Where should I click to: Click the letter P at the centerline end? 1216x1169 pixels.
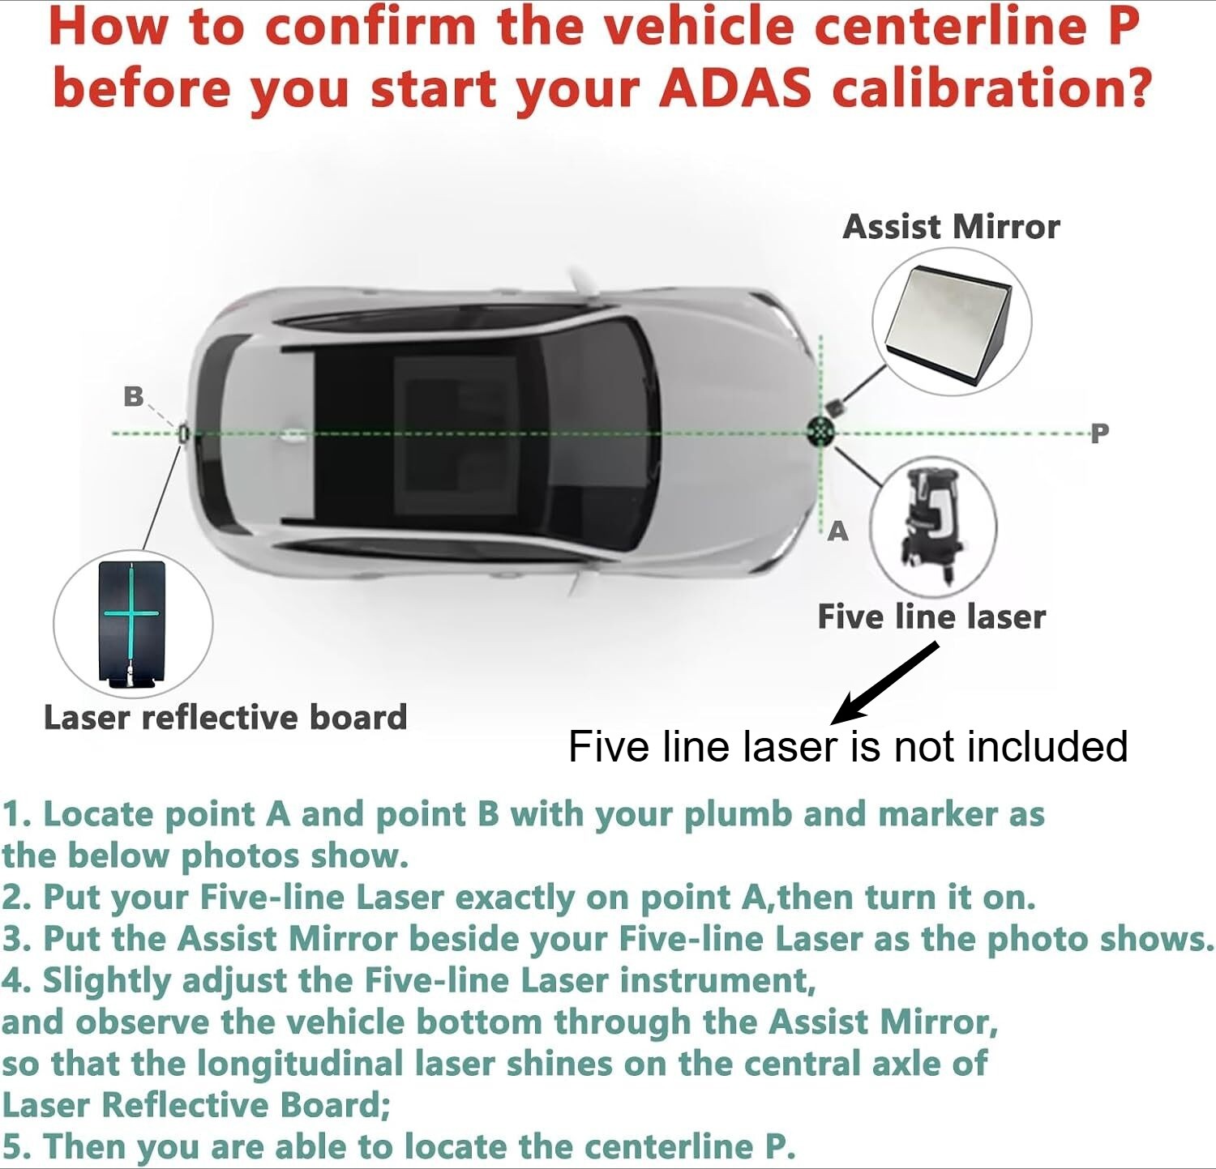(x=1099, y=433)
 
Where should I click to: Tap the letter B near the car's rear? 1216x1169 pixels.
(x=133, y=396)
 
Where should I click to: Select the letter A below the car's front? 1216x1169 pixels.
(x=837, y=531)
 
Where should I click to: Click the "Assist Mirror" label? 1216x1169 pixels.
(x=951, y=227)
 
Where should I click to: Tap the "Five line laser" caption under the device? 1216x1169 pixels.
(x=931, y=617)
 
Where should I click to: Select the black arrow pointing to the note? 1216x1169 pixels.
(x=884, y=683)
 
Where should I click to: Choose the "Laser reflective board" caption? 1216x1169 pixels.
(x=225, y=718)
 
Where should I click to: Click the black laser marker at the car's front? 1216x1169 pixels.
(x=821, y=431)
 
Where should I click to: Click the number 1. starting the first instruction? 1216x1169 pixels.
(x=17, y=815)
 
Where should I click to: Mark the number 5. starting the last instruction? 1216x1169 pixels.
(x=17, y=1147)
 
